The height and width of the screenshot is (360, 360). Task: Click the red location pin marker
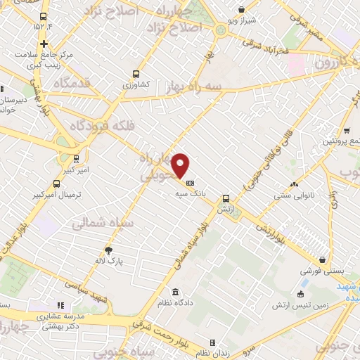coord(181,165)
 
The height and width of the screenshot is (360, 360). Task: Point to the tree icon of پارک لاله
coord(108,250)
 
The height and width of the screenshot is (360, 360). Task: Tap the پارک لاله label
coord(109,261)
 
